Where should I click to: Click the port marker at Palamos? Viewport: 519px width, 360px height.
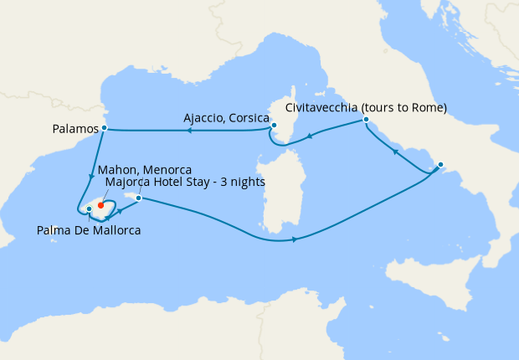(x=104, y=128)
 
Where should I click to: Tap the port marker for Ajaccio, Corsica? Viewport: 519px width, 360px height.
(x=274, y=126)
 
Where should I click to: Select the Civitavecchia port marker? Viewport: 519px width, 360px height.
(x=366, y=121)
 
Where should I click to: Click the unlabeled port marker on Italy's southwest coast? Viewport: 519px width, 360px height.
(x=440, y=164)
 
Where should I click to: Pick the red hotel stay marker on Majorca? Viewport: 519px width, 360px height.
(x=100, y=203)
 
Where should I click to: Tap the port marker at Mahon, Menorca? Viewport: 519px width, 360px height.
(x=139, y=198)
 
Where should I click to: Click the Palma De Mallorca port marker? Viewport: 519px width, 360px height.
(x=89, y=208)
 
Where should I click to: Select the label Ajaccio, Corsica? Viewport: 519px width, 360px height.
(x=226, y=120)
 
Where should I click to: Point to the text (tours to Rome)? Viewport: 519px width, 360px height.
(x=405, y=107)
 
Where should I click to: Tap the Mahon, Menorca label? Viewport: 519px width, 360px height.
(x=145, y=170)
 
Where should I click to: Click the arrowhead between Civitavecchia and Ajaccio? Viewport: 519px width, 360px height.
(x=311, y=137)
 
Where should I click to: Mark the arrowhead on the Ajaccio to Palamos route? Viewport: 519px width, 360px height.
(x=188, y=131)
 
